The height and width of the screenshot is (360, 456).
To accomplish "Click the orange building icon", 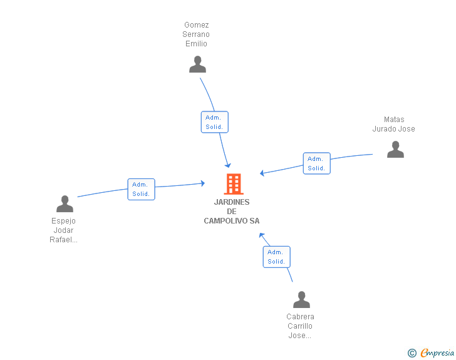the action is tap(234, 184).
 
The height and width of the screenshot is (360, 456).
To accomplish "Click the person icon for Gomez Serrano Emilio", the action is tap(197, 64).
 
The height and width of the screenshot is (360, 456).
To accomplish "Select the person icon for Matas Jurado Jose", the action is tap(395, 149).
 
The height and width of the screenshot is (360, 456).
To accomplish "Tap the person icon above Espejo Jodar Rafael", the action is tap(65, 203).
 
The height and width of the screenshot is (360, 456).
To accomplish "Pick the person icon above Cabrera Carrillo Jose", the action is tap(301, 299).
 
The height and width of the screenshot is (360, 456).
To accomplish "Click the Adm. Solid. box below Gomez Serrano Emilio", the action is tap(215, 122).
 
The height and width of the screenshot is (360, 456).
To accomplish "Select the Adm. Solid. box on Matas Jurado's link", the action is tap(317, 163).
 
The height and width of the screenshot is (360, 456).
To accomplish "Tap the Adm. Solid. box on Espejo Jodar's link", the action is tap(142, 189).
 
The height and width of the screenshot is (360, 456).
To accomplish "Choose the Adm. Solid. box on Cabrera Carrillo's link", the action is tap(277, 257).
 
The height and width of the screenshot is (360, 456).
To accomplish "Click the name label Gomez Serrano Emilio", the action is tap(196, 34).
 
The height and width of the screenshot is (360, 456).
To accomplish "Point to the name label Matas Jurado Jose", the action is tap(394, 124).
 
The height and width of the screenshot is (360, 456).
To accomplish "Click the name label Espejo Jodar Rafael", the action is tap(63, 230).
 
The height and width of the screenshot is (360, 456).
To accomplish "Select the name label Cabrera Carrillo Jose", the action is tap(300, 326).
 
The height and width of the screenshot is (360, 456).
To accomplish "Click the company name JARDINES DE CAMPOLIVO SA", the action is tap(232, 212).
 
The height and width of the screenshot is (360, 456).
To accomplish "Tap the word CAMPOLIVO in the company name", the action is tap(226, 221).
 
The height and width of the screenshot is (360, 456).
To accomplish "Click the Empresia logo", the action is tap(437, 352).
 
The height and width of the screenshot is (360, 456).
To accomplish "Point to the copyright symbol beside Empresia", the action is tap(412, 353).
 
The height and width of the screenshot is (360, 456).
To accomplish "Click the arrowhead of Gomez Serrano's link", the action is tap(228, 165).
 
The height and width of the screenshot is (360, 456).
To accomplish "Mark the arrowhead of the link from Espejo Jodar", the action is tap(203, 183).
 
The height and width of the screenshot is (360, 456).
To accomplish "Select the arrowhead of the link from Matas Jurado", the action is tap(262, 173).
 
